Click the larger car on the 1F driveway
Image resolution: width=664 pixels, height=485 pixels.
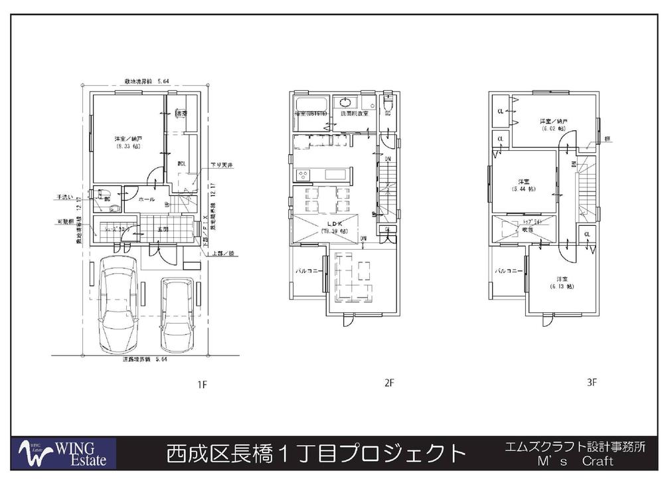[119, 310]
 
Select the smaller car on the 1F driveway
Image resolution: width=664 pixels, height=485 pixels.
[177, 316]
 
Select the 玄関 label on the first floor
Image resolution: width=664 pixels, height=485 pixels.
[163, 229]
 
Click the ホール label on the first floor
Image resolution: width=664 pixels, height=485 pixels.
[147, 199]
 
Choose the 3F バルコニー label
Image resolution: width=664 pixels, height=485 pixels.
[508, 272]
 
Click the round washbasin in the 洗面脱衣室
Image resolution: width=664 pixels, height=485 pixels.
[345, 102]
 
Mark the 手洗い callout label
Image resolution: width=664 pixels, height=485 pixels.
[64, 197]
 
